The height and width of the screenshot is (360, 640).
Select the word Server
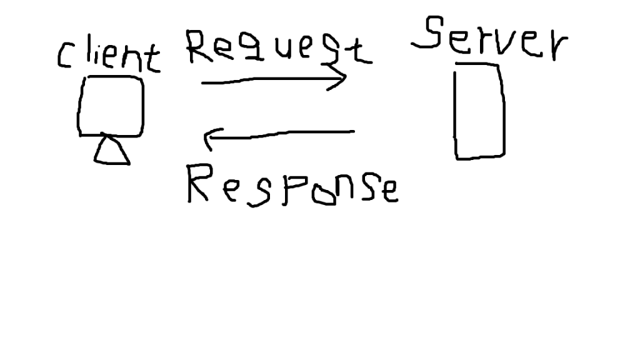pyautogui.click(x=489, y=37)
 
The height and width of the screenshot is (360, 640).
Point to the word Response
pyautogui.click(x=292, y=186)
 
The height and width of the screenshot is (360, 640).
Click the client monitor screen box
pyautogui.click(x=111, y=106)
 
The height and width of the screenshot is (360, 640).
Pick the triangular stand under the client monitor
pyautogui.click(x=112, y=151)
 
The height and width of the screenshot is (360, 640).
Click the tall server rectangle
pyautogui.click(x=479, y=111)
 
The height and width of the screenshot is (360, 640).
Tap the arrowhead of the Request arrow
pyautogui.click(x=341, y=79)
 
